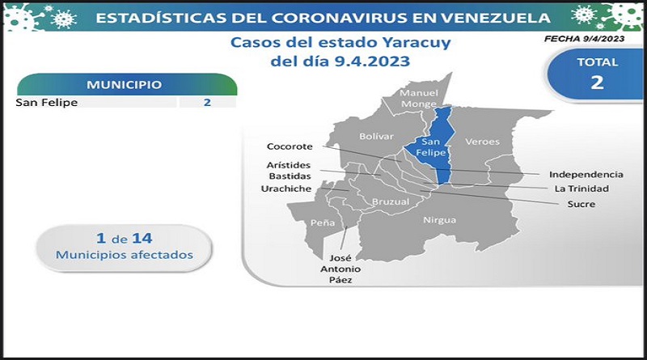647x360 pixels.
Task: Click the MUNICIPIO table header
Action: click(x=125, y=85)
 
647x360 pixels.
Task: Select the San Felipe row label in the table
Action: click(x=47, y=103)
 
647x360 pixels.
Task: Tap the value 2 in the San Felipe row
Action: click(x=207, y=103)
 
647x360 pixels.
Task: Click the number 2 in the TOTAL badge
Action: click(x=597, y=83)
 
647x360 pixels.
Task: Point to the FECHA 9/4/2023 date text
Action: click(x=584, y=39)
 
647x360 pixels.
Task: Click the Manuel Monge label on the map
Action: click(x=419, y=98)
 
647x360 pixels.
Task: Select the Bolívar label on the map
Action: click(x=376, y=136)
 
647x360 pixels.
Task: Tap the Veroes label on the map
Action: click(x=482, y=142)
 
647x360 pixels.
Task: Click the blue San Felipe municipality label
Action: click(x=430, y=147)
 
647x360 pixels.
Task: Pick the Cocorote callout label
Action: click(x=290, y=146)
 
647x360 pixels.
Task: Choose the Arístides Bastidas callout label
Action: click(x=289, y=171)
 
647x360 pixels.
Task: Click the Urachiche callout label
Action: click(x=286, y=188)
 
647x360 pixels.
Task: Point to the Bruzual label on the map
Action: click(x=391, y=202)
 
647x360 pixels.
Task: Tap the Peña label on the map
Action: click(x=323, y=223)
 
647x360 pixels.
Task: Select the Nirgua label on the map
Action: click(x=440, y=220)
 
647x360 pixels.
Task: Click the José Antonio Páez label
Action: click(x=340, y=269)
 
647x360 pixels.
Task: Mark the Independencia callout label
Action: click(x=586, y=174)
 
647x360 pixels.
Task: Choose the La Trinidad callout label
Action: click(x=581, y=188)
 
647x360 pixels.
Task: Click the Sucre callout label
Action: click(x=581, y=204)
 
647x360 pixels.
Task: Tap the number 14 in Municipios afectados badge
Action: click(x=142, y=238)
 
